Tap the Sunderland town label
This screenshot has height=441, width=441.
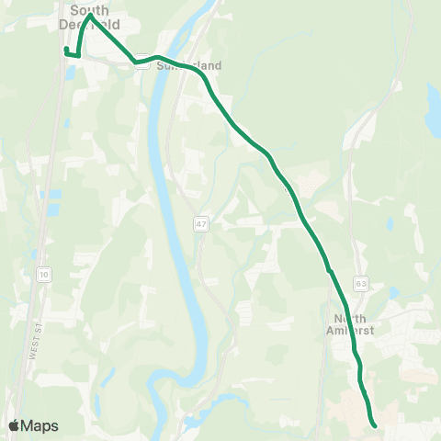[190, 66]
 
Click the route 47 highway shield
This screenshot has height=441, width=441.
[199, 223]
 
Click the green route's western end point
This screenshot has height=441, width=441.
[66, 50]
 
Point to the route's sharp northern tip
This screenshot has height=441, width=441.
[90, 15]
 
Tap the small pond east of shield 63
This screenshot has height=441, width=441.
[392, 292]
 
